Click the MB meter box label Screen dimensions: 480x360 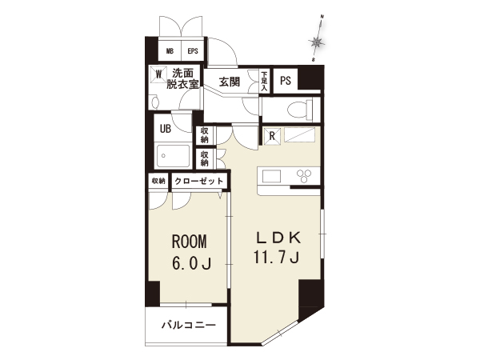tap(170, 51)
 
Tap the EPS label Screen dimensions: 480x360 tap(193, 51)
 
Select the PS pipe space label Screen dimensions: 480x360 tap(286, 81)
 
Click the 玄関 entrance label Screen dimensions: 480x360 tap(230, 82)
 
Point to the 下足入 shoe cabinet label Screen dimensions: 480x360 tap(265, 82)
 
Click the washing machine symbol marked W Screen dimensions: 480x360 tap(158, 74)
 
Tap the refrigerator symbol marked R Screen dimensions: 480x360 tap(272, 136)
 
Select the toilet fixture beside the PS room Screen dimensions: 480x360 tap(300, 109)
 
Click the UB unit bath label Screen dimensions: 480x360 tap(166, 129)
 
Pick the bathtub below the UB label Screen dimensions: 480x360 tap(174, 156)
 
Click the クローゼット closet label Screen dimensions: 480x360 tap(199, 181)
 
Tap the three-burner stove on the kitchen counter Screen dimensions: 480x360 tap(304, 176)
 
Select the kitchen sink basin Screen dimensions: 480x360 tap(271, 176)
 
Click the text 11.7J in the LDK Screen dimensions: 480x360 tap(276, 257)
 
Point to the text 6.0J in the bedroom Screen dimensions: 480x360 tap(192, 263)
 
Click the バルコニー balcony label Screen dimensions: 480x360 tap(189, 325)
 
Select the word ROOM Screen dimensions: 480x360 tap(190, 242)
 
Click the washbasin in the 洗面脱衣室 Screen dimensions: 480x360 tap(155, 102)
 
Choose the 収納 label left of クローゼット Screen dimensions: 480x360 tap(158, 181)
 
